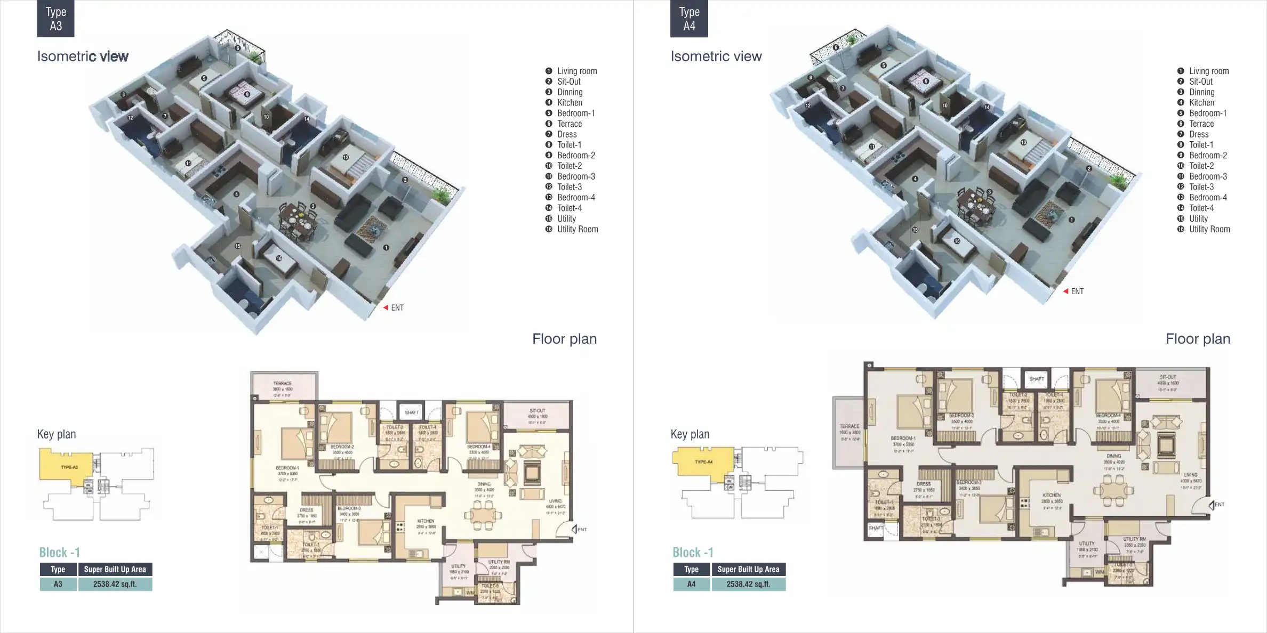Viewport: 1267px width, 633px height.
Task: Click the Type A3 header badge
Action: point(55,19)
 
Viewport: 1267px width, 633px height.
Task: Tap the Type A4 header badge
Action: point(689,19)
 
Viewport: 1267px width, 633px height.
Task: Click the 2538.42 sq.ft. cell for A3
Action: point(115,584)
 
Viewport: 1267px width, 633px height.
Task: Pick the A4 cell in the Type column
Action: point(691,584)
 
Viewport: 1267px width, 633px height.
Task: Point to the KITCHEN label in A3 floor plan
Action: point(426,521)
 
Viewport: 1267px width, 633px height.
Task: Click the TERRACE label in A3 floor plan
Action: point(282,384)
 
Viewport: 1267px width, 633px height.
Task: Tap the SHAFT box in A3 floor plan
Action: point(412,412)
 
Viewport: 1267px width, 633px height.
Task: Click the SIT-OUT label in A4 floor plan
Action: point(1168,377)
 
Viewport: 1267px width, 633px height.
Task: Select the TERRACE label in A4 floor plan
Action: point(849,426)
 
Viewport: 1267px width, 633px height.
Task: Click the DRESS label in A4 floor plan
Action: point(924,484)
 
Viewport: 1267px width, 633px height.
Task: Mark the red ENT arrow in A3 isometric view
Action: point(386,308)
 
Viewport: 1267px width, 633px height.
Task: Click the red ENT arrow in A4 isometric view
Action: point(1065,291)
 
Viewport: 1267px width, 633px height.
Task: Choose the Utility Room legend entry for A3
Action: point(577,229)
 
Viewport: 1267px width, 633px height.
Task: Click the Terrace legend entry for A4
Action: point(1201,124)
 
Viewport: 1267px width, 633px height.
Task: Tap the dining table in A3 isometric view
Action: point(299,220)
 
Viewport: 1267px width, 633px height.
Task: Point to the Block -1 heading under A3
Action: point(59,552)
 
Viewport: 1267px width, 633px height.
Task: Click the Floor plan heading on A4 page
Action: point(1198,339)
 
